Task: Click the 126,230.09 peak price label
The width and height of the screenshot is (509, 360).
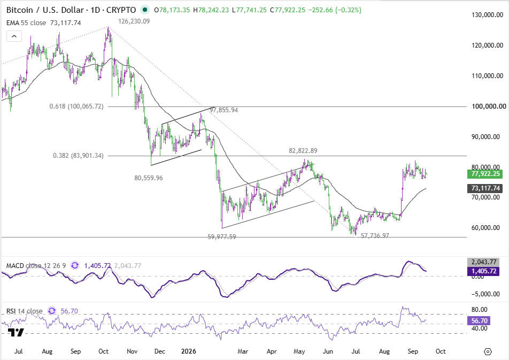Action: click(x=134, y=21)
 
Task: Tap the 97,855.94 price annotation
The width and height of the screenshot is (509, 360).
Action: click(x=223, y=110)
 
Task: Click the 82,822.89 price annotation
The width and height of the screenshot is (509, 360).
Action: click(x=303, y=151)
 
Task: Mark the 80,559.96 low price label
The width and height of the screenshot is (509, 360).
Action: click(x=149, y=178)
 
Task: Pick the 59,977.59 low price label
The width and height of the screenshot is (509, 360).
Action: click(x=222, y=237)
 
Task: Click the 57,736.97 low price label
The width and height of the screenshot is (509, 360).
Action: click(x=375, y=235)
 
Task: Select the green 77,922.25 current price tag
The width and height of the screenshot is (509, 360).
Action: click(x=485, y=174)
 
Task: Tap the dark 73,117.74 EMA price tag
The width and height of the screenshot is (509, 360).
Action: click(x=485, y=188)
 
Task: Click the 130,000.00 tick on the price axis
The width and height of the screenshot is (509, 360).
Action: click(x=487, y=15)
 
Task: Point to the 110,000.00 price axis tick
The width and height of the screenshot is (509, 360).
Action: click(x=487, y=76)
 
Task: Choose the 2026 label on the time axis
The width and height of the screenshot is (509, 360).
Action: click(x=189, y=351)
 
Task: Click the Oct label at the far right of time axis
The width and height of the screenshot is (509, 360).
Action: click(x=441, y=351)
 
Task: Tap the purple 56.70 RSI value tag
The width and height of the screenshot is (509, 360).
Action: click(x=479, y=321)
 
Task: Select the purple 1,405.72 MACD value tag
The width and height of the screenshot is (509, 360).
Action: click(x=483, y=271)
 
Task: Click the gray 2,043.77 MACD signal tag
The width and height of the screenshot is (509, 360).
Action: click(x=483, y=262)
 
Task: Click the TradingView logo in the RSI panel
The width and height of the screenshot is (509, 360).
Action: click(x=16, y=332)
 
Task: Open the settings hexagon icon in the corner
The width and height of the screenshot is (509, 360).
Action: click(x=488, y=351)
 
